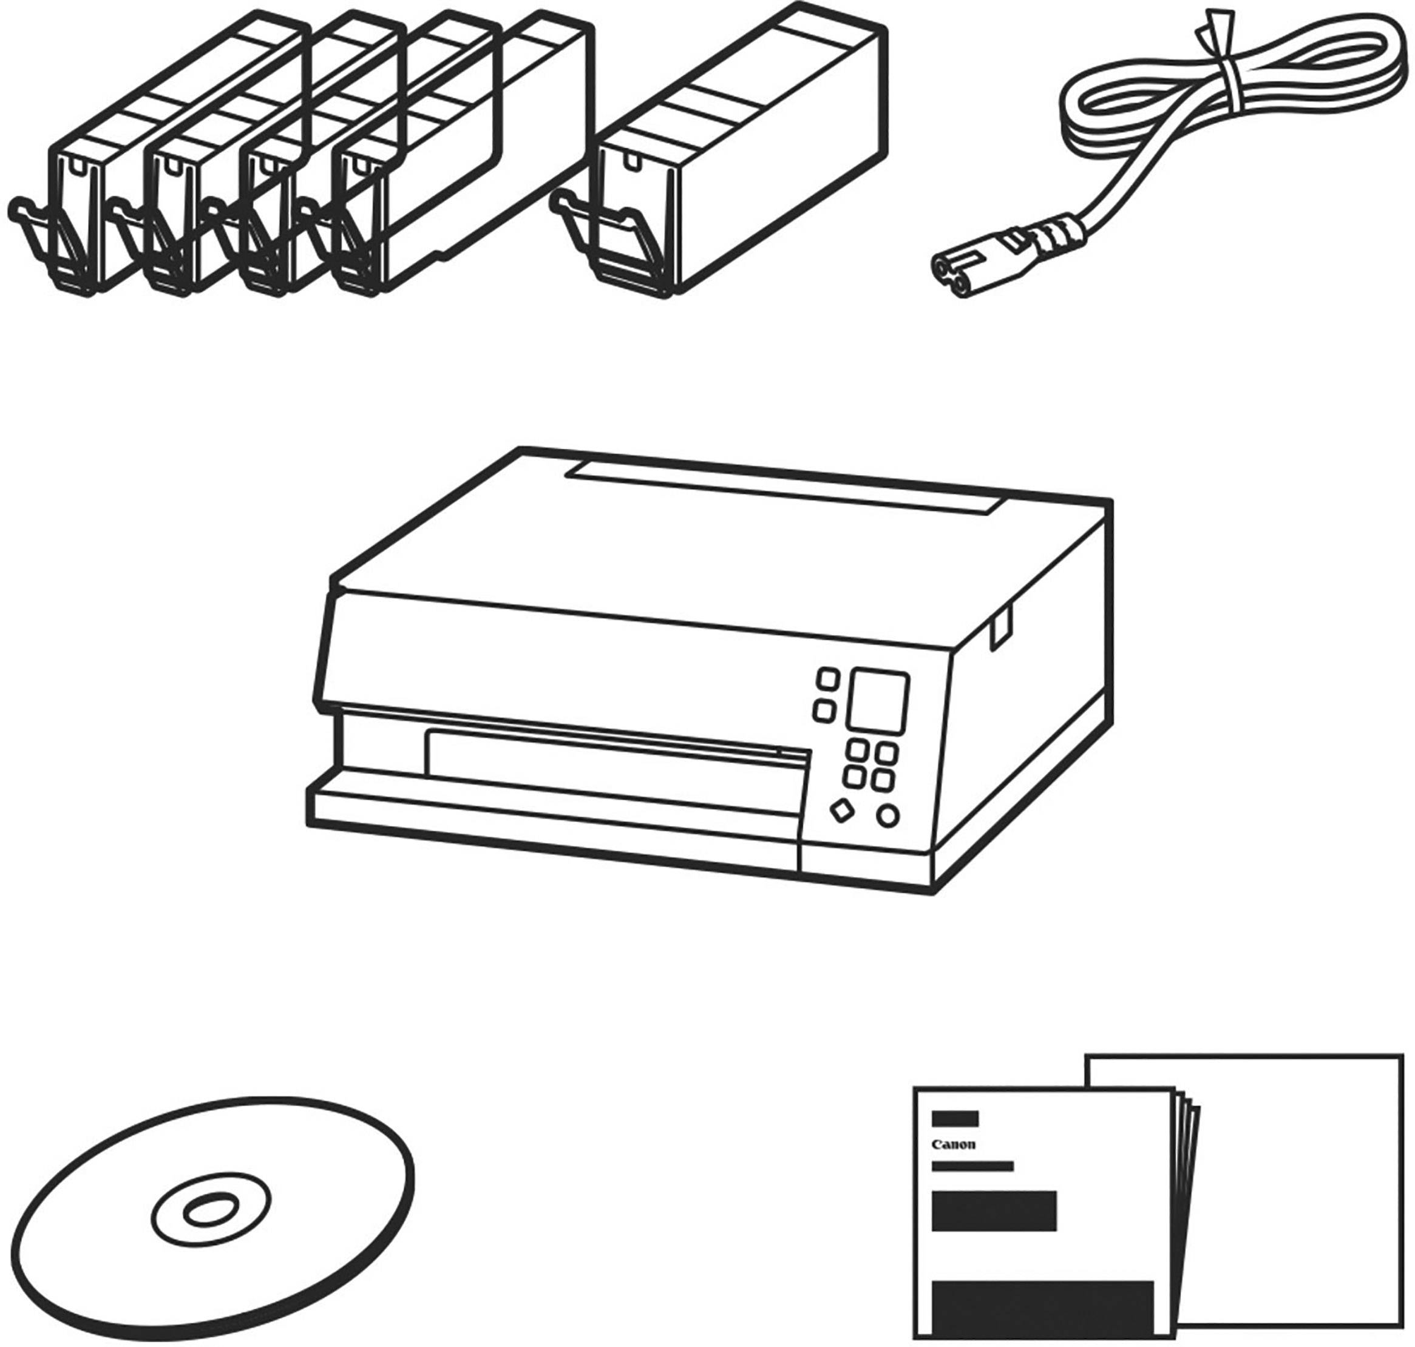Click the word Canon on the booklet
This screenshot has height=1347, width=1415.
click(953, 1144)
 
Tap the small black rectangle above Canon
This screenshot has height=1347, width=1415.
click(955, 1119)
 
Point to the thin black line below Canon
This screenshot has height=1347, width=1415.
click(972, 1166)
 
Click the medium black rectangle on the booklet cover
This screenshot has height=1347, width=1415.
click(994, 1210)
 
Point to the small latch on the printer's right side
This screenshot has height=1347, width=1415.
click(1000, 627)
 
